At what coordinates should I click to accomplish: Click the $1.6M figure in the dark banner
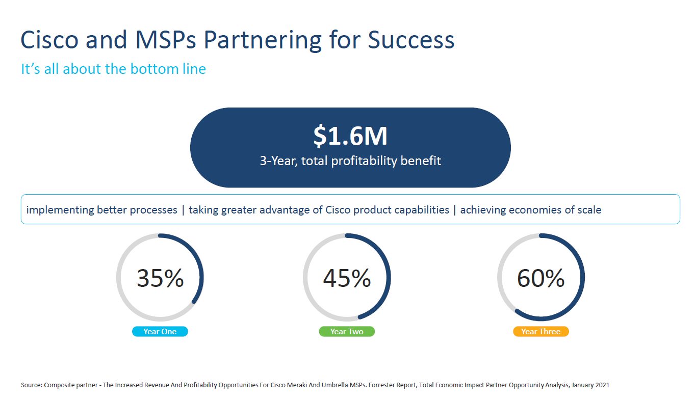[350, 136]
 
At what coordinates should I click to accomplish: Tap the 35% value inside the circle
[160, 278]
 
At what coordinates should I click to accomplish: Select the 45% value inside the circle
[347, 278]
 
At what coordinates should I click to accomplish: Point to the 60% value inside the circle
[541, 278]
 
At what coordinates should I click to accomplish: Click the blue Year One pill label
[160, 332]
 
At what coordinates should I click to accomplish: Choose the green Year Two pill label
[347, 332]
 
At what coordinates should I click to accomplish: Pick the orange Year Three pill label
[541, 332]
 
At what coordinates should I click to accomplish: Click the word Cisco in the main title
[49, 40]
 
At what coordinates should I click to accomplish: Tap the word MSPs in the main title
[166, 40]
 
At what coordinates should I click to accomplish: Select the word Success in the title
[411, 40]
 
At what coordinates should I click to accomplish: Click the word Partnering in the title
[263, 41]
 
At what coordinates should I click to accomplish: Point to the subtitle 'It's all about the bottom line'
[114, 69]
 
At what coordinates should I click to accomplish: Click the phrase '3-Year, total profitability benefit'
[350, 161]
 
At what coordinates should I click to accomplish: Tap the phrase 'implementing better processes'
[102, 210]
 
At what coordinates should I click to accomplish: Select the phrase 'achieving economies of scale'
[531, 210]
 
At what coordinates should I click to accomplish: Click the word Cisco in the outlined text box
[338, 210]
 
